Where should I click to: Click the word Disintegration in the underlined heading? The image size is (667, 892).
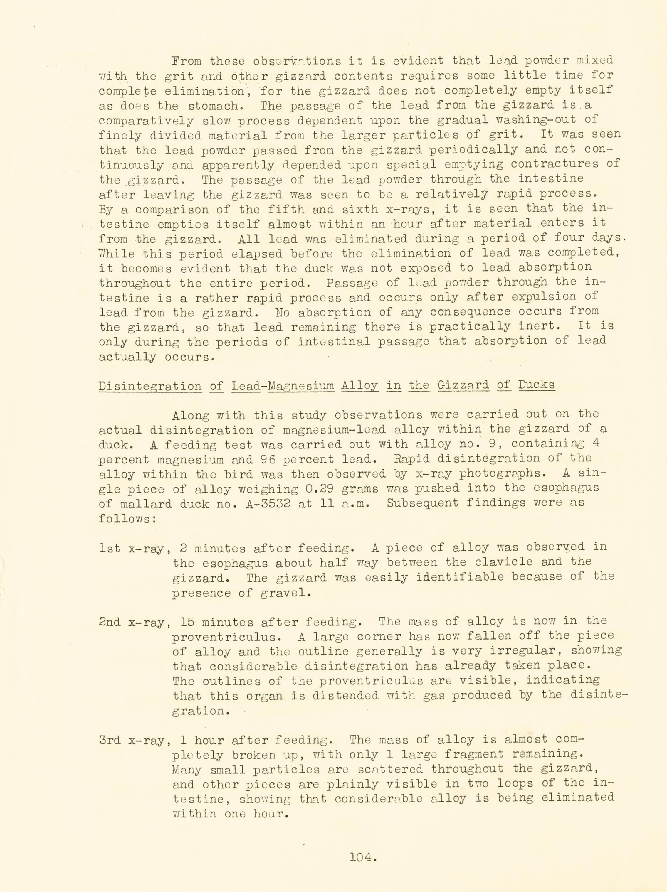150,386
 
